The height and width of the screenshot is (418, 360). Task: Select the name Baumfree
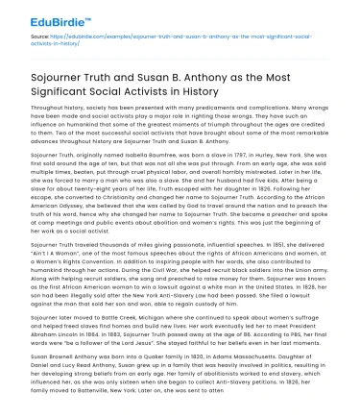click(x=153, y=152)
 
